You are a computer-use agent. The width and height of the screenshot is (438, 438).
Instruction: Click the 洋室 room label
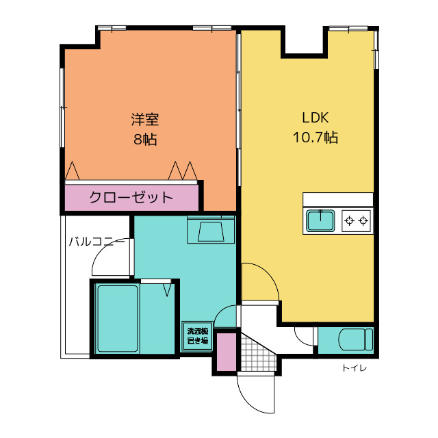click(145, 119)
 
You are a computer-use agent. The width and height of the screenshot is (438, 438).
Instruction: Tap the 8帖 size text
click(145, 139)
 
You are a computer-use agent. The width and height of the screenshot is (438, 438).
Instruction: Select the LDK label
click(315, 118)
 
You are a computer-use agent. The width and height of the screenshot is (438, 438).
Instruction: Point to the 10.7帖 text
click(315, 138)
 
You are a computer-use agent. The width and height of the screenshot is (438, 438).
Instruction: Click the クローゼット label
click(131, 197)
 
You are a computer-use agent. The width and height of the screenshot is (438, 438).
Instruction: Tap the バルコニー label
click(97, 242)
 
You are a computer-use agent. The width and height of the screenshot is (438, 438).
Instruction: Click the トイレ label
click(355, 368)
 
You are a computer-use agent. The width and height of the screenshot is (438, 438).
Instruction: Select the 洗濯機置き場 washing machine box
click(198, 336)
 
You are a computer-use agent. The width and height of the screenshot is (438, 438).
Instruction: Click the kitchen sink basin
click(320, 220)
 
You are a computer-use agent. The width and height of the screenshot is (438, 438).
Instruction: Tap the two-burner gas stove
click(357, 221)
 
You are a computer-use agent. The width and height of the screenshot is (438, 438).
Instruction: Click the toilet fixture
click(356, 339)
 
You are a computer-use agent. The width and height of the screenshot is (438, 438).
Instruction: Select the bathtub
click(118, 318)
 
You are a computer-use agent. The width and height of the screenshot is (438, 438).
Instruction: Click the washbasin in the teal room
click(211, 231)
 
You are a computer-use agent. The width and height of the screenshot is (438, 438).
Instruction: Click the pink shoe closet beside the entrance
click(227, 352)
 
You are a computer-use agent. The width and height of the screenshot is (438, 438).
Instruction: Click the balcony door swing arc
click(101, 253)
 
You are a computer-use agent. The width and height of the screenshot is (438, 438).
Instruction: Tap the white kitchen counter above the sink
click(338, 199)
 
